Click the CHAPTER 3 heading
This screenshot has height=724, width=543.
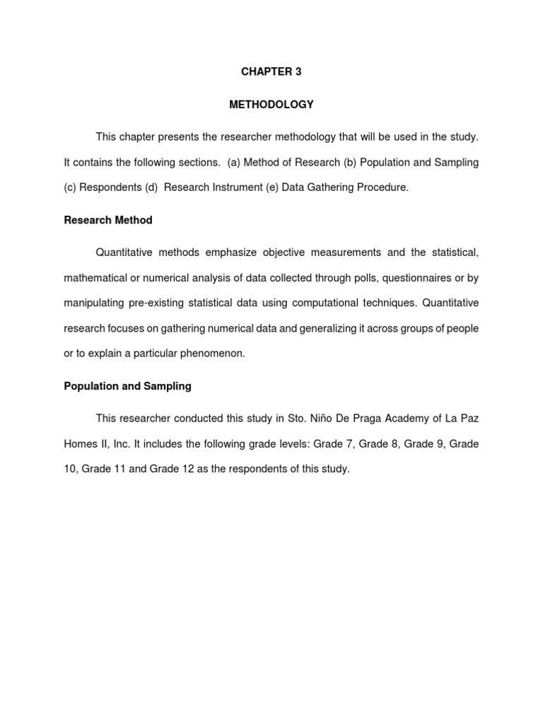pyautogui.click(x=271, y=72)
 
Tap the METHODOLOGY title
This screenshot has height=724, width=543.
pyautogui.click(x=271, y=105)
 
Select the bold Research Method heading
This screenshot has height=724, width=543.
pyautogui.click(x=108, y=220)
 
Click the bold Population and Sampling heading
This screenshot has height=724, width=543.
pyautogui.click(x=128, y=386)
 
